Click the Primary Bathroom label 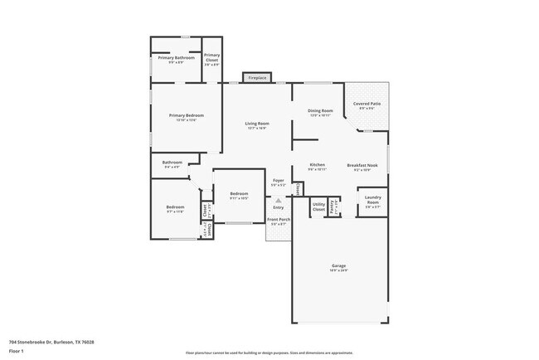(x=176, y=58)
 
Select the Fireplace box (x=257, y=78)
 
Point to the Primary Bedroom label (x=186, y=115)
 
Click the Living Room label (x=256, y=124)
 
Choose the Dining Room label (x=320, y=111)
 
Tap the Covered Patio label (x=366, y=105)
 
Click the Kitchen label (x=318, y=165)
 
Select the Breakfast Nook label (x=362, y=165)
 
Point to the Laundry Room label (x=373, y=201)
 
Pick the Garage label (x=339, y=266)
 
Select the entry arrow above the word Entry (x=279, y=200)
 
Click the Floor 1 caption (x=17, y=351)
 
